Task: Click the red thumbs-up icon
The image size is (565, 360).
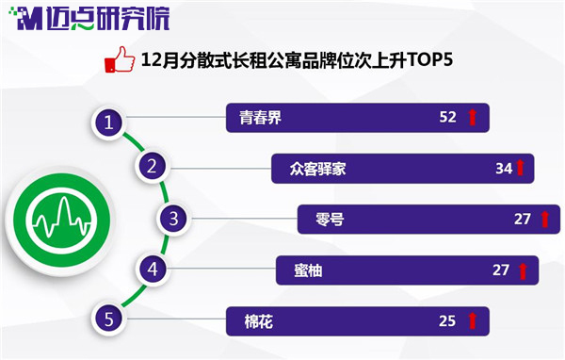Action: coord(120,59)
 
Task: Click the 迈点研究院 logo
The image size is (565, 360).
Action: coord(89,19)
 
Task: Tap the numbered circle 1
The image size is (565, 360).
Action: coord(109,123)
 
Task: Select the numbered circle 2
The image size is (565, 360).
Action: coord(152,166)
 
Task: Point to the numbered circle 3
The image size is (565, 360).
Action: coord(173,219)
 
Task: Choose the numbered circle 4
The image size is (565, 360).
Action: coord(153,270)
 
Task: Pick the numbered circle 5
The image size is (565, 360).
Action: coord(109,319)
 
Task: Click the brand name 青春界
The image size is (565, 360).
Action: coord(260,118)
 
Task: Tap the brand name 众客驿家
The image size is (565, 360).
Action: coord(317,169)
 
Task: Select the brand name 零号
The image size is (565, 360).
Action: coord(330,219)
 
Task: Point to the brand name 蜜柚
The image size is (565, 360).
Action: coord(308,270)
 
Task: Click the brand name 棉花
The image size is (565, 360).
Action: coord(258,321)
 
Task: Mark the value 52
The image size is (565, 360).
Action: coord(447,117)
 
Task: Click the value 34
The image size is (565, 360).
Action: coord(504,169)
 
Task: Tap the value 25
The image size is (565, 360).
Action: coord(447,321)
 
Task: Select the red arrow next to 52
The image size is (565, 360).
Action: coord(473,117)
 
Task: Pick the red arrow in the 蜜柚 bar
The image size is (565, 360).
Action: coord(523,270)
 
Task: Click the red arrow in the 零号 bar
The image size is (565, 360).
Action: coord(545,220)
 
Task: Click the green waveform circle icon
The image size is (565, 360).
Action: coord(61,220)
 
